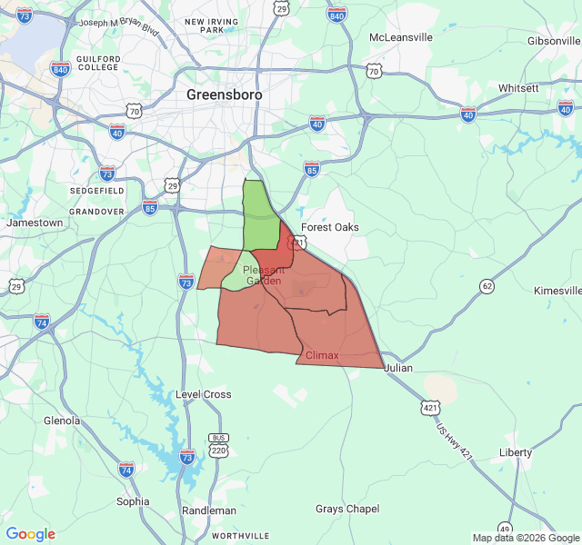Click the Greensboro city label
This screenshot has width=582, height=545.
(224, 94)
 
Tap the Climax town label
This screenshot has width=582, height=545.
(322, 355)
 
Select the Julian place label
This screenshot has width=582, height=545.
(398, 368)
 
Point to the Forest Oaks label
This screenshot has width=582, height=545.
(330, 227)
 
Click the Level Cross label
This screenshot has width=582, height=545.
(203, 394)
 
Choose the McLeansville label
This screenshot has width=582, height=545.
(401, 38)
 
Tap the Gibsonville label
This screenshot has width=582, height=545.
(554, 41)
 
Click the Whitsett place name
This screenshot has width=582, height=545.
(518, 88)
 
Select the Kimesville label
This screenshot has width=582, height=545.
(557, 291)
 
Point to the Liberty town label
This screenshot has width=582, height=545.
(516, 452)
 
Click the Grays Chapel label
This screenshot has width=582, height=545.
(347, 509)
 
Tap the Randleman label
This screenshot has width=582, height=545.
(209, 510)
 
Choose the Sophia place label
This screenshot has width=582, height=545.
(133, 500)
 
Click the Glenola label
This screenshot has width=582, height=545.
(62, 421)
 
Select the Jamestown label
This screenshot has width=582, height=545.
(35, 223)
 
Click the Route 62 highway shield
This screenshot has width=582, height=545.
(487, 287)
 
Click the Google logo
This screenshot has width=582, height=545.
(31, 534)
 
